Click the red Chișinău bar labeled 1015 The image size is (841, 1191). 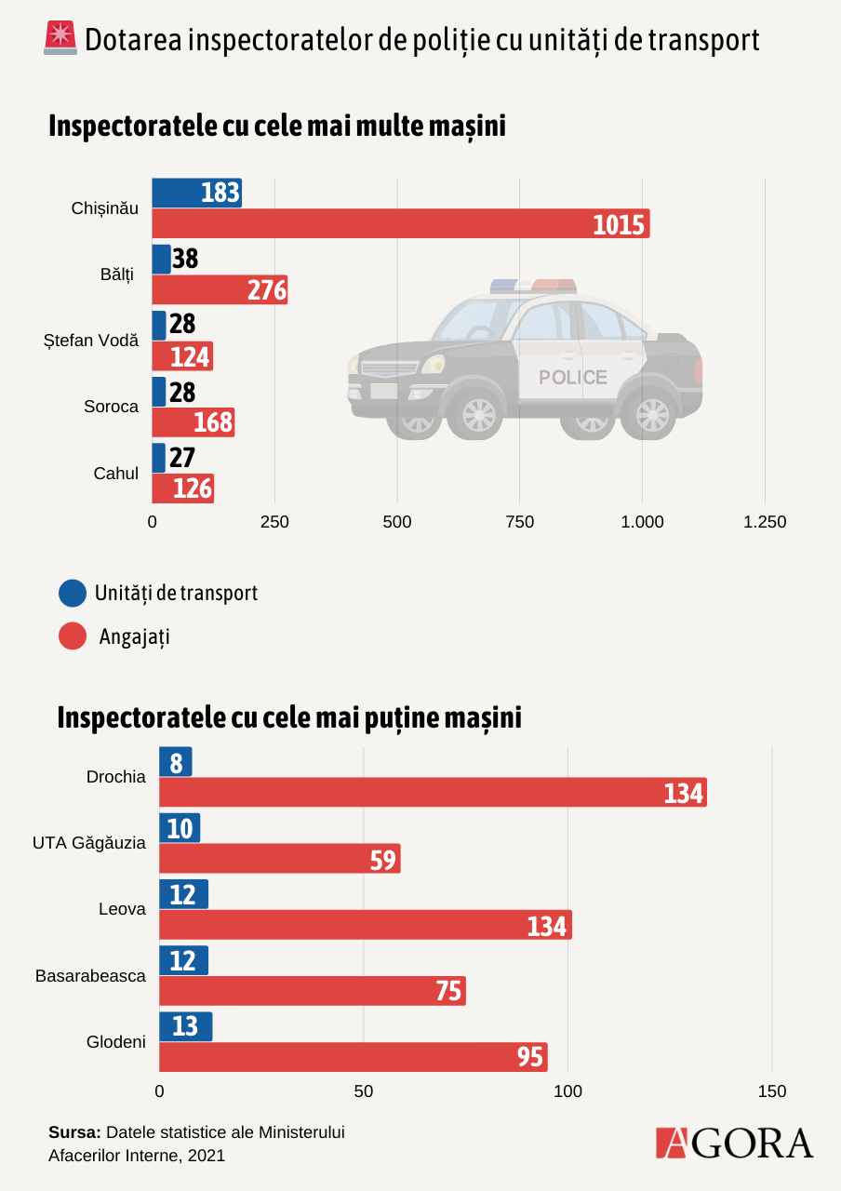click(400, 223)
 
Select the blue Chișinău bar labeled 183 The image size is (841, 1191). click(196, 193)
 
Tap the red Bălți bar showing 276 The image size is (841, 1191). click(220, 289)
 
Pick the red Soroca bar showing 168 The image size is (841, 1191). click(193, 422)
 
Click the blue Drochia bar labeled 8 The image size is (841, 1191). click(176, 762)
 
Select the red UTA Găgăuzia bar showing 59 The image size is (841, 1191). click(279, 859)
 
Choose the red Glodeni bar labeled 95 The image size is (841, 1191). click(353, 1057)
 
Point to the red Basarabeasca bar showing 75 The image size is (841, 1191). click(312, 991)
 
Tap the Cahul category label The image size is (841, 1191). click(116, 474)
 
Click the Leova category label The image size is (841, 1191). click(122, 909)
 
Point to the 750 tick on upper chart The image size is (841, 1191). click(519, 522)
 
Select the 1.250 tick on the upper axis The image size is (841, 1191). click(765, 522)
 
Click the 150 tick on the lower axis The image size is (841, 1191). click(772, 1091)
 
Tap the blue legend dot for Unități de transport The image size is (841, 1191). click(72, 593)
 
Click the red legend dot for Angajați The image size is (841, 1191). click(72, 636)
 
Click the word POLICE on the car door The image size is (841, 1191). click(573, 377)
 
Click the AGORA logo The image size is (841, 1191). click(734, 1143)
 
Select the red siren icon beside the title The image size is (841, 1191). click(60, 38)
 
